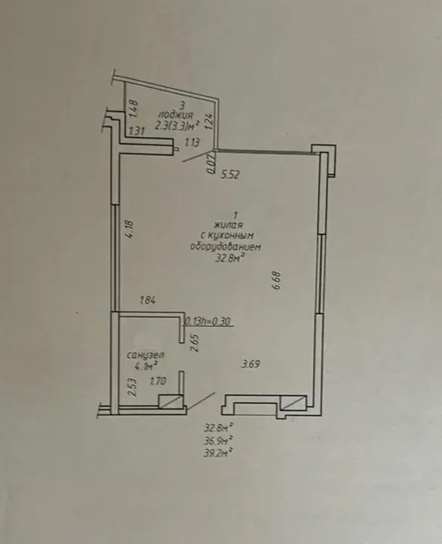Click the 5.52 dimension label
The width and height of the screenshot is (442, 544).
(230, 174)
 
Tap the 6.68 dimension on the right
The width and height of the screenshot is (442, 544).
(277, 280)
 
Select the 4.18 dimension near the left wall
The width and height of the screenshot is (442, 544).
(130, 230)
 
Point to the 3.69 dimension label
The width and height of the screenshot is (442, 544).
(250, 364)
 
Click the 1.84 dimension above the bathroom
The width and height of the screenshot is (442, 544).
(147, 300)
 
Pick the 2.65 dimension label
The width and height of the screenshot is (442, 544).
(195, 343)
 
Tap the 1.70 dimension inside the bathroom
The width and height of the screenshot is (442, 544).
(158, 382)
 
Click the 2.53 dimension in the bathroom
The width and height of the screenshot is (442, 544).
(131, 387)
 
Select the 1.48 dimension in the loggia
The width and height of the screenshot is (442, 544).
(134, 108)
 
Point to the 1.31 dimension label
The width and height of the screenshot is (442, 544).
(137, 131)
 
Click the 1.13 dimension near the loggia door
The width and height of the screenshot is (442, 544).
(192, 142)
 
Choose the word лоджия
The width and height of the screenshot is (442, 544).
(175, 115)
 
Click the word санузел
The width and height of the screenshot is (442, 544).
(146, 356)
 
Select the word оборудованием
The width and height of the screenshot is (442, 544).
(226, 246)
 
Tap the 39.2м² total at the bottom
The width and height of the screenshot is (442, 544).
(218, 452)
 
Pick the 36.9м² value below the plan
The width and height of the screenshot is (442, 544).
(218, 441)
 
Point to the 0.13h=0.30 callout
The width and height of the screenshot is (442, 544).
(208, 322)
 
